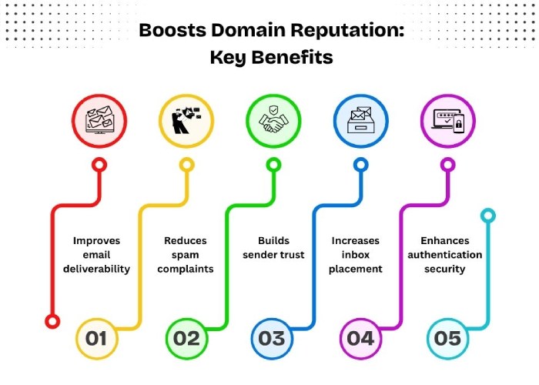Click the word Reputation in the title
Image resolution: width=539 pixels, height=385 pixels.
coord(347,31)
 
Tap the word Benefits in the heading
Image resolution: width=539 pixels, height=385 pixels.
coord(292,57)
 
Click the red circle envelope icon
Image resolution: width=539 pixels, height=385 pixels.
coord(99,121)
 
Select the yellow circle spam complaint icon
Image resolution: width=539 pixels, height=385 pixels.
coord(186,121)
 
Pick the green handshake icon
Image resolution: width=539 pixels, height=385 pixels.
coord(273,121)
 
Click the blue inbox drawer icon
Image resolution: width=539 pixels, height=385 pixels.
coord(360,121)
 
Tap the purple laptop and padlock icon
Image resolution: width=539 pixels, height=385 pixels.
coord(448,121)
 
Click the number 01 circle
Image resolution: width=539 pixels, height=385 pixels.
coord(96,339)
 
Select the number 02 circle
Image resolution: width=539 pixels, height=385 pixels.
coord(186,339)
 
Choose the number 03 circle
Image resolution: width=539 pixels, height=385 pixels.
coord(272,339)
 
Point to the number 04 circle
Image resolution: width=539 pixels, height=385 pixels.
coord(360,339)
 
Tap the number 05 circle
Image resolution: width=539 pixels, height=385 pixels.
coord(447,339)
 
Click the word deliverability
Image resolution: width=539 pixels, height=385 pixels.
coord(96,269)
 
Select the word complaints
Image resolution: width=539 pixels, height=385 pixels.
coord(186,269)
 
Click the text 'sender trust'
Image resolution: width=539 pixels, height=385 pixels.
coord(273,255)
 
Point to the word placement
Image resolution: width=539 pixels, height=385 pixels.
coord(356,269)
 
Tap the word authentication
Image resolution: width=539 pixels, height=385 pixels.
coord(445,255)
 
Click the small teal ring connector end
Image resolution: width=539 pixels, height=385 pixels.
coord(487,216)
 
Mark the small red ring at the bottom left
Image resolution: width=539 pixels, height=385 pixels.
coord(52,321)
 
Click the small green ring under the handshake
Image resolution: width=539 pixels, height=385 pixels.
coord(273,165)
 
